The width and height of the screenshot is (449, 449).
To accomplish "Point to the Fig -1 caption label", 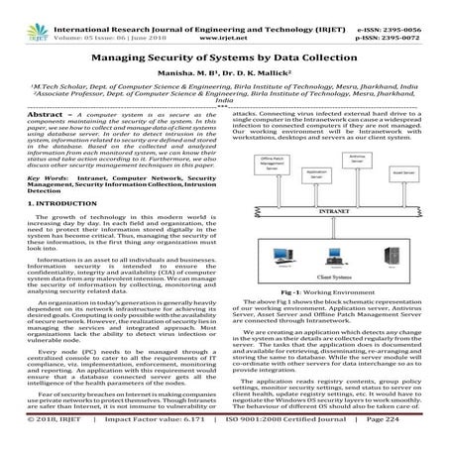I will tap(297, 295).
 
